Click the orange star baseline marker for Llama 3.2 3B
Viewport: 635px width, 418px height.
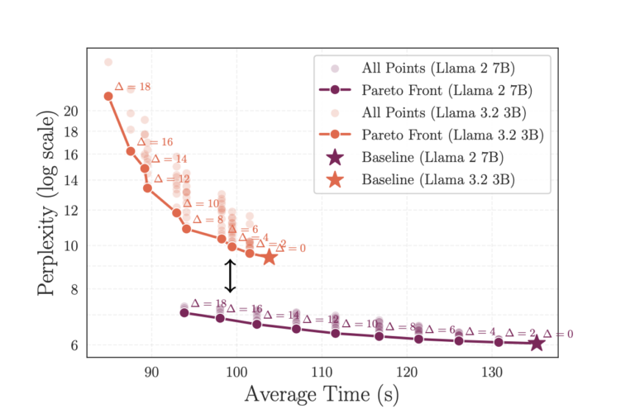pyautogui.click(x=270, y=257)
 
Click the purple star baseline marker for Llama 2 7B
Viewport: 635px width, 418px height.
pyautogui.click(x=537, y=343)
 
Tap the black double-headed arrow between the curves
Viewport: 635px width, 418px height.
pyautogui.click(x=231, y=276)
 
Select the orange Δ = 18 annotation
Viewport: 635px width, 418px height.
pyautogui.click(x=132, y=87)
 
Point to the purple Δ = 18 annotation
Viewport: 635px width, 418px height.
pyautogui.click(x=208, y=304)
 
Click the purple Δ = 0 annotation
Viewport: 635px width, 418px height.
pyautogui.click(x=558, y=335)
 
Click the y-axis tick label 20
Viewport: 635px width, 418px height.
pyautogui.click(x=70, y=111)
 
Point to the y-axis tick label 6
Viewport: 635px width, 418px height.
pyautogui.click(x=74, y=345)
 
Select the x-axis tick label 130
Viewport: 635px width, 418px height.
pyautogui.click(x=494, y=372)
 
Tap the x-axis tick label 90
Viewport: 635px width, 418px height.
pyautogui.click(x=152, y=372)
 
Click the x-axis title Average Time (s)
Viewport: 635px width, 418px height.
pyautogui.click(x=322, y=395)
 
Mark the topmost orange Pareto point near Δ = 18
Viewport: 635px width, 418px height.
pyautogui.click(x=108, y=96)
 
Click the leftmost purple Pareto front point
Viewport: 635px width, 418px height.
pyautogui.click(x=184, y=312)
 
